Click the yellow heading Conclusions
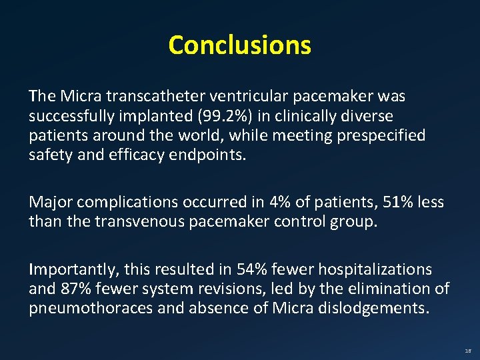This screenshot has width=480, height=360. (239, 45)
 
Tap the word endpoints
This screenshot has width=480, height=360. (213, 156)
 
